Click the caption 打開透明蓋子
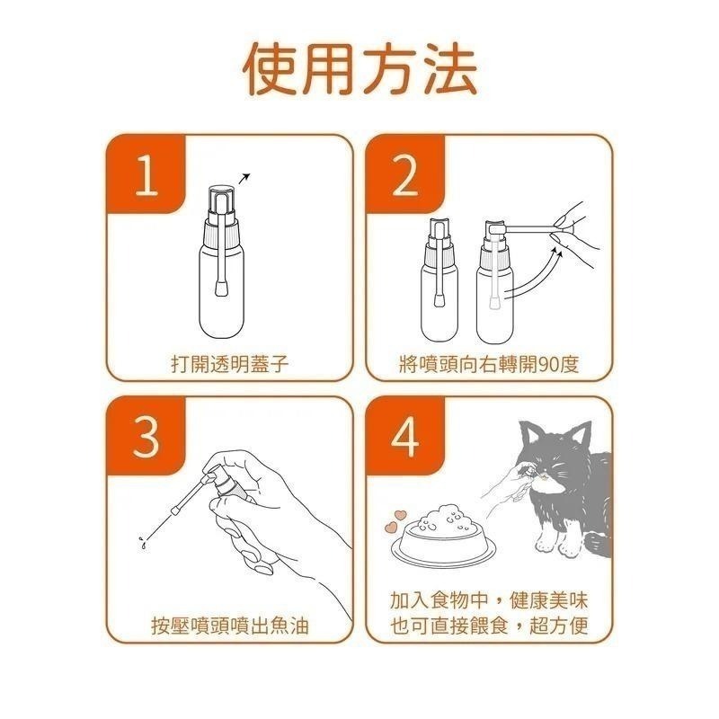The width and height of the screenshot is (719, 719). (228, 364)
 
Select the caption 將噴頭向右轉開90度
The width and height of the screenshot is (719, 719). (489, 364)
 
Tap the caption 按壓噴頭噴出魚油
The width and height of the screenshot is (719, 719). (228, 626)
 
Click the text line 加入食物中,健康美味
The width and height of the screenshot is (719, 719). (489, 600)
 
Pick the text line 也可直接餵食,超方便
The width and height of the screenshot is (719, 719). (489, 626)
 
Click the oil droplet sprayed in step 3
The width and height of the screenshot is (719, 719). (141, 542)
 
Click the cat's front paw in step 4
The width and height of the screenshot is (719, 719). (546, 539)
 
